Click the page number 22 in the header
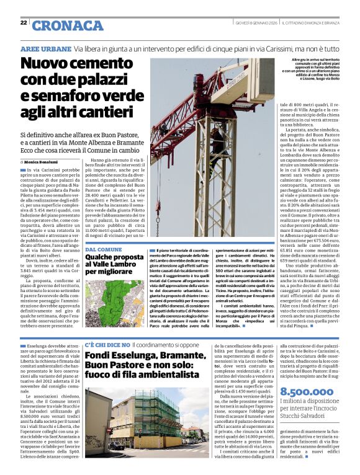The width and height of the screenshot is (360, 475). pyautogui.click(x=24, y=23)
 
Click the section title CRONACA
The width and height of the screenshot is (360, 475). pyautogui.click(x=68, y=25)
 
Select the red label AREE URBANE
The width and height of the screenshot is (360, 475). pyautogui.click(x=46, y=48)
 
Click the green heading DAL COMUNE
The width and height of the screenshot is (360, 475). pyautogui.click(x=104, y=250)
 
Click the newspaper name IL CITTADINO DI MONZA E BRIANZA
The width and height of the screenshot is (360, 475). pyautogui.click(x=311, y=24)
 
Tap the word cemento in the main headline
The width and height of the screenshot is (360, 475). pyautogui.click(x=99, y=64)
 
